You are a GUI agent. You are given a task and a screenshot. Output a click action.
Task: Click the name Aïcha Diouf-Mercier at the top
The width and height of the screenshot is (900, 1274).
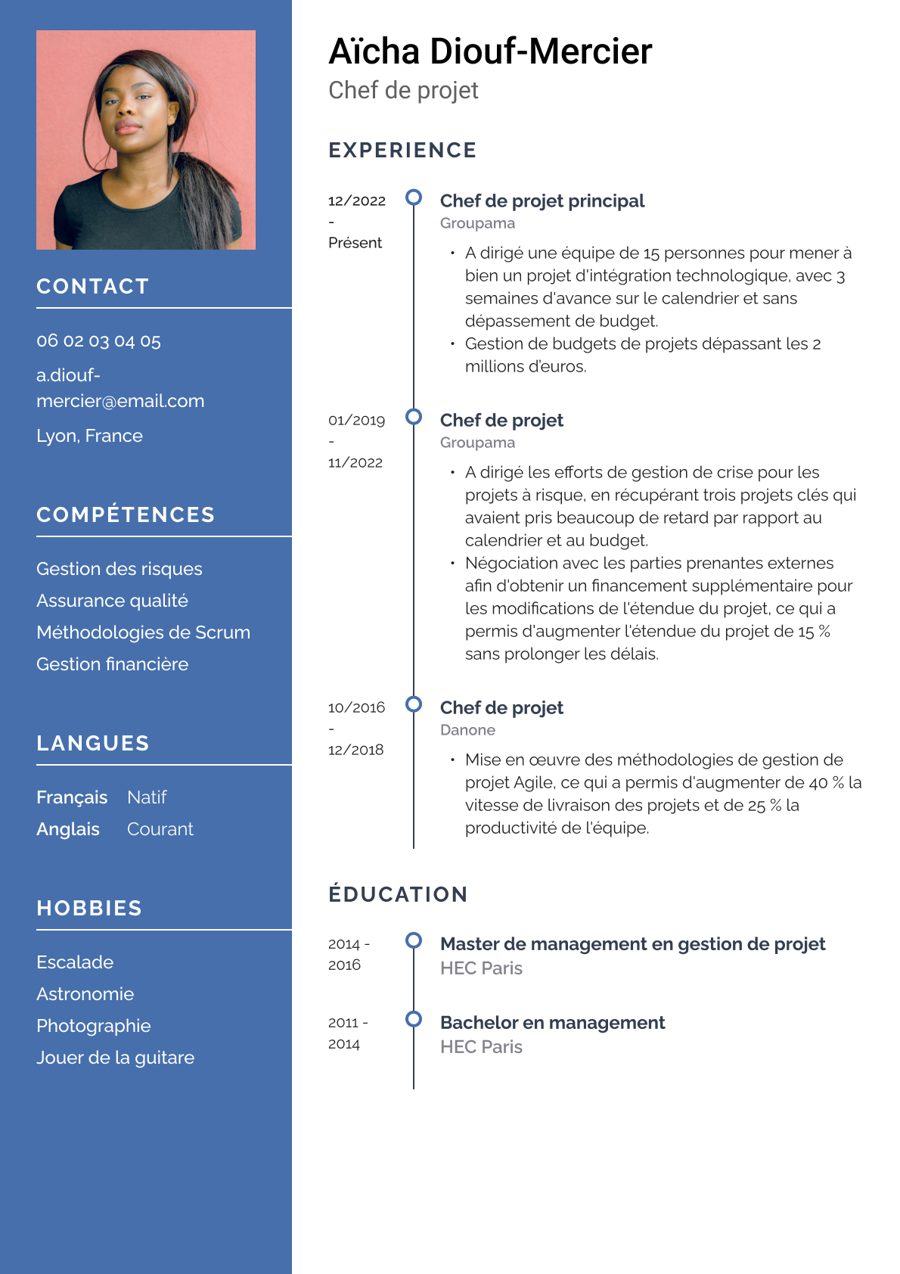(x=490, y=52)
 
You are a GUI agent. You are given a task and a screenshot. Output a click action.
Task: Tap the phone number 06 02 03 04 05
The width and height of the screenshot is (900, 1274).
(x=98, y=341)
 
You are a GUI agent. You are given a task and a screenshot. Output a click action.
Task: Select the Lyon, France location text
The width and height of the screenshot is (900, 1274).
(x=89, y=436)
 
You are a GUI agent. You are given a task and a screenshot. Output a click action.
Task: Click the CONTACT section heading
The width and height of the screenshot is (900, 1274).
(x=92, y=287)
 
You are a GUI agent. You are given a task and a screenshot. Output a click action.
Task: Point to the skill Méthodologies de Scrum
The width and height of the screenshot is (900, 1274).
(x=143, y=632)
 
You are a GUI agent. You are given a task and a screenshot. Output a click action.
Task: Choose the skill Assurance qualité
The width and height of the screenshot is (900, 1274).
(x=112, y=601)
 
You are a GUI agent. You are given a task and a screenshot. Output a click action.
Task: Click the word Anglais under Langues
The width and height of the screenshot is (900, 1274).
(x=68, y=829)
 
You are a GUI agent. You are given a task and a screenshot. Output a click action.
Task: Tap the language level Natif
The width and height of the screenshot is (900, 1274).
(x=147, y=797)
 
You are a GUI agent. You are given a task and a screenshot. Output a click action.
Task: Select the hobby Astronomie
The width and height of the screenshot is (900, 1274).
(x=85, y=994)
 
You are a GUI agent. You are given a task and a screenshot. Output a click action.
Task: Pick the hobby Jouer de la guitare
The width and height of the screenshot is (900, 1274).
(x=115, y=1058)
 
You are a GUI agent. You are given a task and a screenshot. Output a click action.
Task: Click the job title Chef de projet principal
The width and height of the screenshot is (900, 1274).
(x=542, y=201)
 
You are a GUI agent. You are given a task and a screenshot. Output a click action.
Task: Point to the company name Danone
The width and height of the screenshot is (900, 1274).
(x=467, y=730)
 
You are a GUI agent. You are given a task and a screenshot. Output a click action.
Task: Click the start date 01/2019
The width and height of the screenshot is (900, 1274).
(x=356, y=421)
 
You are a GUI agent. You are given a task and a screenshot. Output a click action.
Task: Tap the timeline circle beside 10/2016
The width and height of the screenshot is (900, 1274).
(x=414, y=704)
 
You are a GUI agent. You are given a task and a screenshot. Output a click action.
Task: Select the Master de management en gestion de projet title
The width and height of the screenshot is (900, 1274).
(x=632, y=944)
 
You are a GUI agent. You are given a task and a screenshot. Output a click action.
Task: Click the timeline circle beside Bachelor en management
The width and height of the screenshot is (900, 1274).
(x=414, y=1019)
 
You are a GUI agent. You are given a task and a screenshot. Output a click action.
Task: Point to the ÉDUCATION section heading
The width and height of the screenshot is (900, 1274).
(x=398, y=894)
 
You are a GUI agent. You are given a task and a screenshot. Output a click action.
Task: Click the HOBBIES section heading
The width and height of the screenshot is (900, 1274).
(x=89, y=909)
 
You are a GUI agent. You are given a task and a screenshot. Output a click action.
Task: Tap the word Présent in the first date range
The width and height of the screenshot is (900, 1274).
(x=355, y=243)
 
